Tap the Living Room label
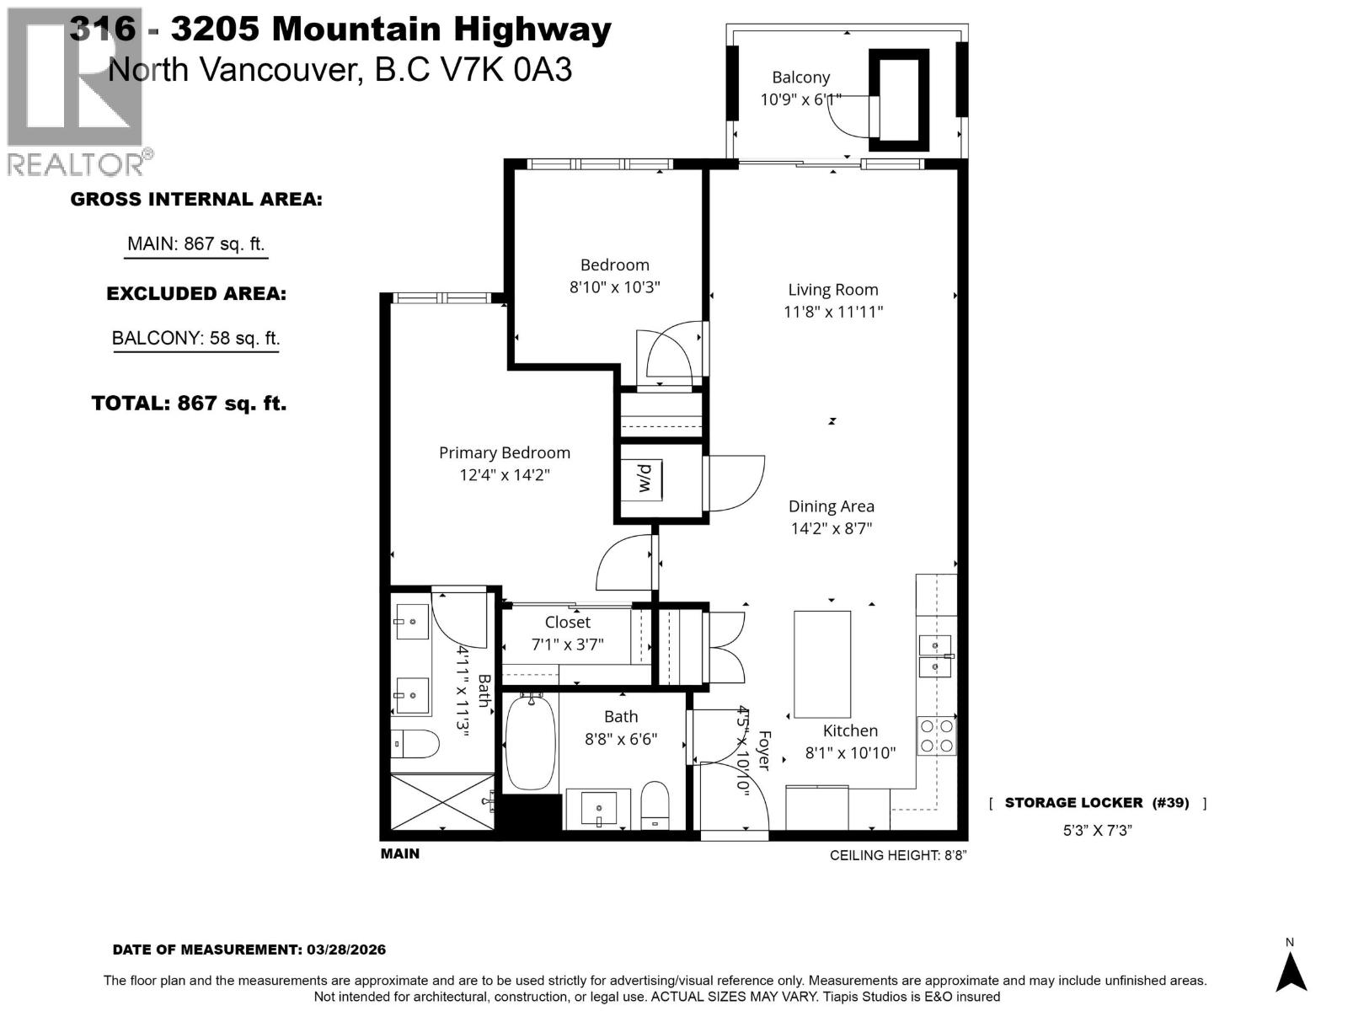coord(832,290)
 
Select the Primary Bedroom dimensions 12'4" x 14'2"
coord(504,475)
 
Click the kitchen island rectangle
coord(821,664)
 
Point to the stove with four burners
coord(936,736)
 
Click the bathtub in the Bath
coord(530,741)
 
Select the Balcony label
coord(800,78)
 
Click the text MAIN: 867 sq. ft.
coord(195,244)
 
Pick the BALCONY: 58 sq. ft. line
coord(195,339)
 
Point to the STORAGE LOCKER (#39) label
coord(1096,803)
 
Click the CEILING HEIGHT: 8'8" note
coord(897,855)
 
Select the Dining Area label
coord(831,506)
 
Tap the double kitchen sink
coord(933,656)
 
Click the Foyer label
coord(764,750)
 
